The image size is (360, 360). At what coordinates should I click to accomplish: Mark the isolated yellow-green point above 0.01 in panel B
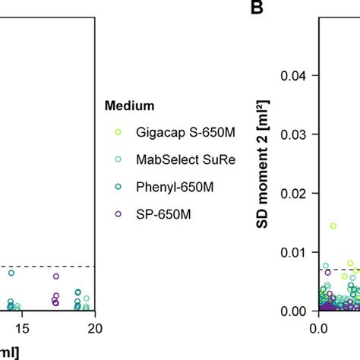coord(333,226)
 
